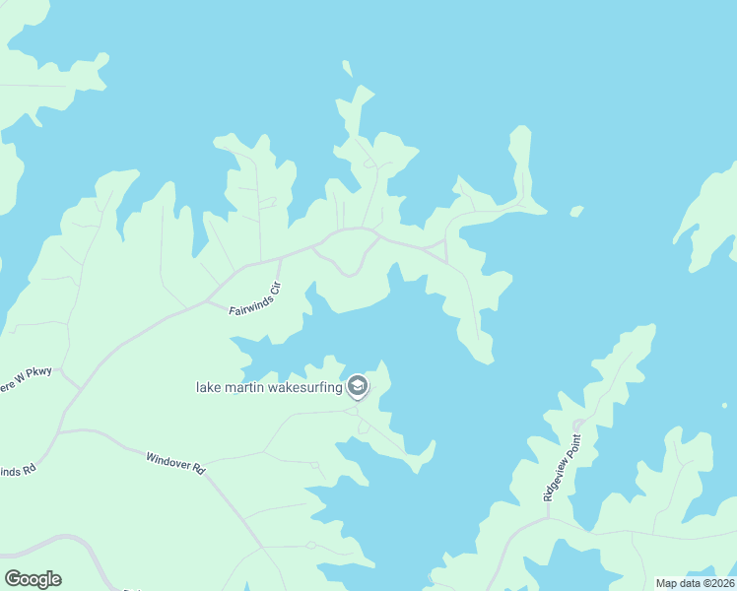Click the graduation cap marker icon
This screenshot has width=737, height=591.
point(358,386)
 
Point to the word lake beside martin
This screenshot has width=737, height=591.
point(208,387)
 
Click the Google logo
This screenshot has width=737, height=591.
point(33,579)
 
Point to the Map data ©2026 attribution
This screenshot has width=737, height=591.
point(695,583)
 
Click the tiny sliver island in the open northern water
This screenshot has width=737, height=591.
point(347,69)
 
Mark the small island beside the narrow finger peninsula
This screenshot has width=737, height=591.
point(576,210)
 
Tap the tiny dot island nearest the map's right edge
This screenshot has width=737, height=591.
point(724,405)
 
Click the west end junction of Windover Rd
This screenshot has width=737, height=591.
point(61,430)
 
